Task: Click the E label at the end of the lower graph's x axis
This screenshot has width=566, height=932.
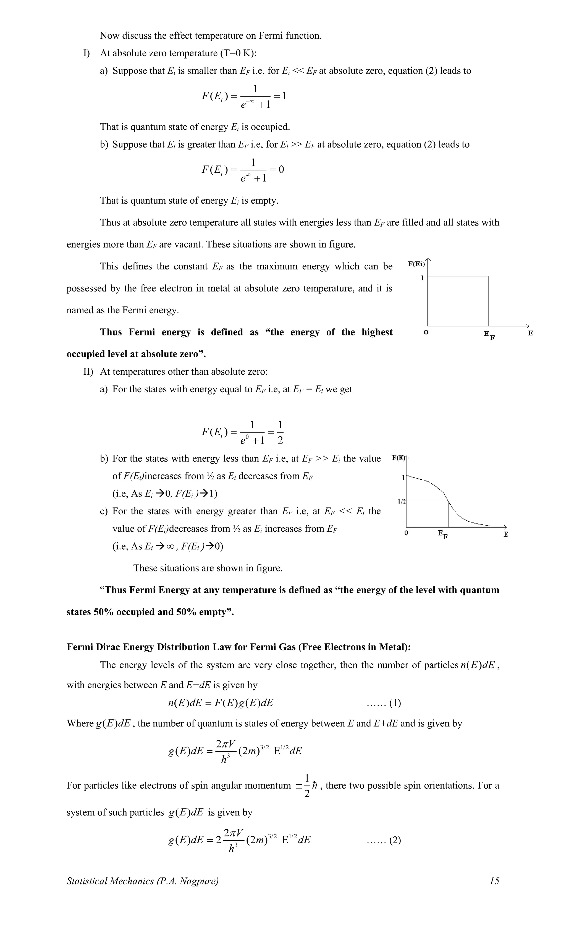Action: [x=505, y=534]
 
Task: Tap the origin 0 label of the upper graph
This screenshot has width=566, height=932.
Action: [x=426, y=333]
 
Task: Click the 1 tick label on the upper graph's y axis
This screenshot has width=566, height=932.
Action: [x=423, y=278]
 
